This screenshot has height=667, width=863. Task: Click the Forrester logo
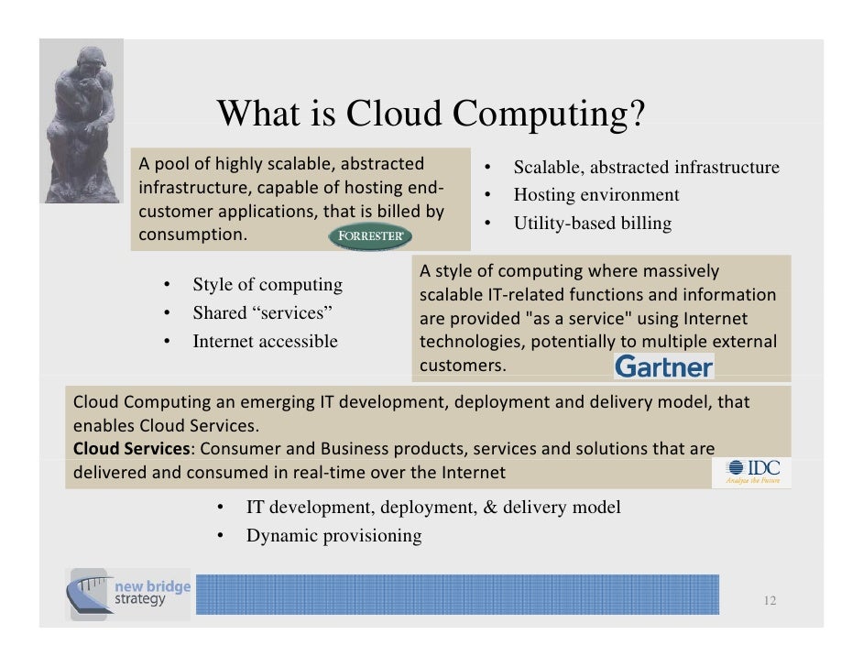(x=369, y=236)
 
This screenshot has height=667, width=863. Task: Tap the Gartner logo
(x=663, y=366)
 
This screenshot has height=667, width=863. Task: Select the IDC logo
(x=752, y=472)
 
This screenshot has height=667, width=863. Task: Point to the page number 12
(x=769, y=601)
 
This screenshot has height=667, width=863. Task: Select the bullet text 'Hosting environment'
(x=595, y=195)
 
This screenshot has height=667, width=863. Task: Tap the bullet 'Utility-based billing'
(x=592, y=223)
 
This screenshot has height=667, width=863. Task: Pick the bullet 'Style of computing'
(x=267, y=285)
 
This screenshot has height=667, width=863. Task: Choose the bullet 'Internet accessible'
(x=265, y=342)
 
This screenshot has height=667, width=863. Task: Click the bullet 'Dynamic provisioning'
(x=333, y=536)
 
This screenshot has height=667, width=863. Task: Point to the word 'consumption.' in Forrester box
(x=192, y=235)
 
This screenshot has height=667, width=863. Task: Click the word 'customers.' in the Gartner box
(x=462, y=366)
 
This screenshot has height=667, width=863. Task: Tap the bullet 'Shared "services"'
(x=262, y=313)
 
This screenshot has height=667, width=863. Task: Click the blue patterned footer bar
(x=457, y=595)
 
